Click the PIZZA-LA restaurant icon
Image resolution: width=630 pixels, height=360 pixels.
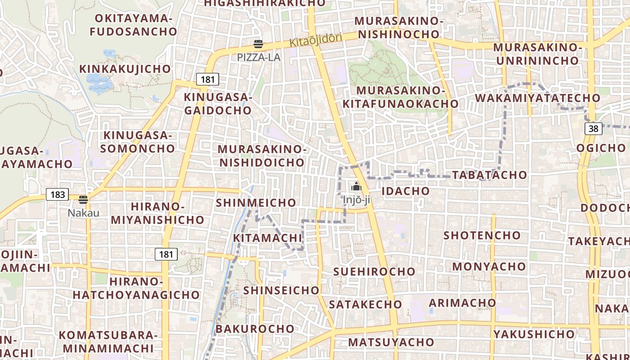(x=258, y=44)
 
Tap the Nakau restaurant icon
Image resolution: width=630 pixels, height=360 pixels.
(x=83, y=200)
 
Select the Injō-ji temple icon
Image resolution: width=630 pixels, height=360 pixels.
(x=356, y=186)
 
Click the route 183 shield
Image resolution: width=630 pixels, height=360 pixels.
(x=58, y=195)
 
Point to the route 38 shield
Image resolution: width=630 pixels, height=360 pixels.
(x=594, y=129)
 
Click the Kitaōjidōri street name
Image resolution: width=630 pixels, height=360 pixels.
(x=315, y=40)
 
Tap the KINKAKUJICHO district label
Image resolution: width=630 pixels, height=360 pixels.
(x=125, y=69)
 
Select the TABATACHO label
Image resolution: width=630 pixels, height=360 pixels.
(x=489, y=175)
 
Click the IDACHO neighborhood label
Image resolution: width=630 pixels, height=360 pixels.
(x=405, y=191)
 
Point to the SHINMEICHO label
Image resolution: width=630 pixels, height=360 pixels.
(x=256, y=202)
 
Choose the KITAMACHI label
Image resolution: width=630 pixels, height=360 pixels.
(x=267, y=238)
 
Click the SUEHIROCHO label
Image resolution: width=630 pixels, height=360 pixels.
(x=374, y=271)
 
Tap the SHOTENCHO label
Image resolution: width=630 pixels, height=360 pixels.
(x=482, y=235)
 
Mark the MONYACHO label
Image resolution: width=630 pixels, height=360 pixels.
(x=489, y=266)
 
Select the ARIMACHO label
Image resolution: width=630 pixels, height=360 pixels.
(x=462, y=302)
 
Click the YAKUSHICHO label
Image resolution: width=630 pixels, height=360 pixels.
(x=534, y=334)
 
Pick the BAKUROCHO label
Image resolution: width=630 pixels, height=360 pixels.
(x=255, y=328)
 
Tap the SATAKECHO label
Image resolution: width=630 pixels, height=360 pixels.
(x=365, y=304)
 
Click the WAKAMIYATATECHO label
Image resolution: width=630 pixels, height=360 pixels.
(x=537, y=98)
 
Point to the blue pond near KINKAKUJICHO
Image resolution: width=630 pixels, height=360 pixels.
(x=99, y=82)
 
